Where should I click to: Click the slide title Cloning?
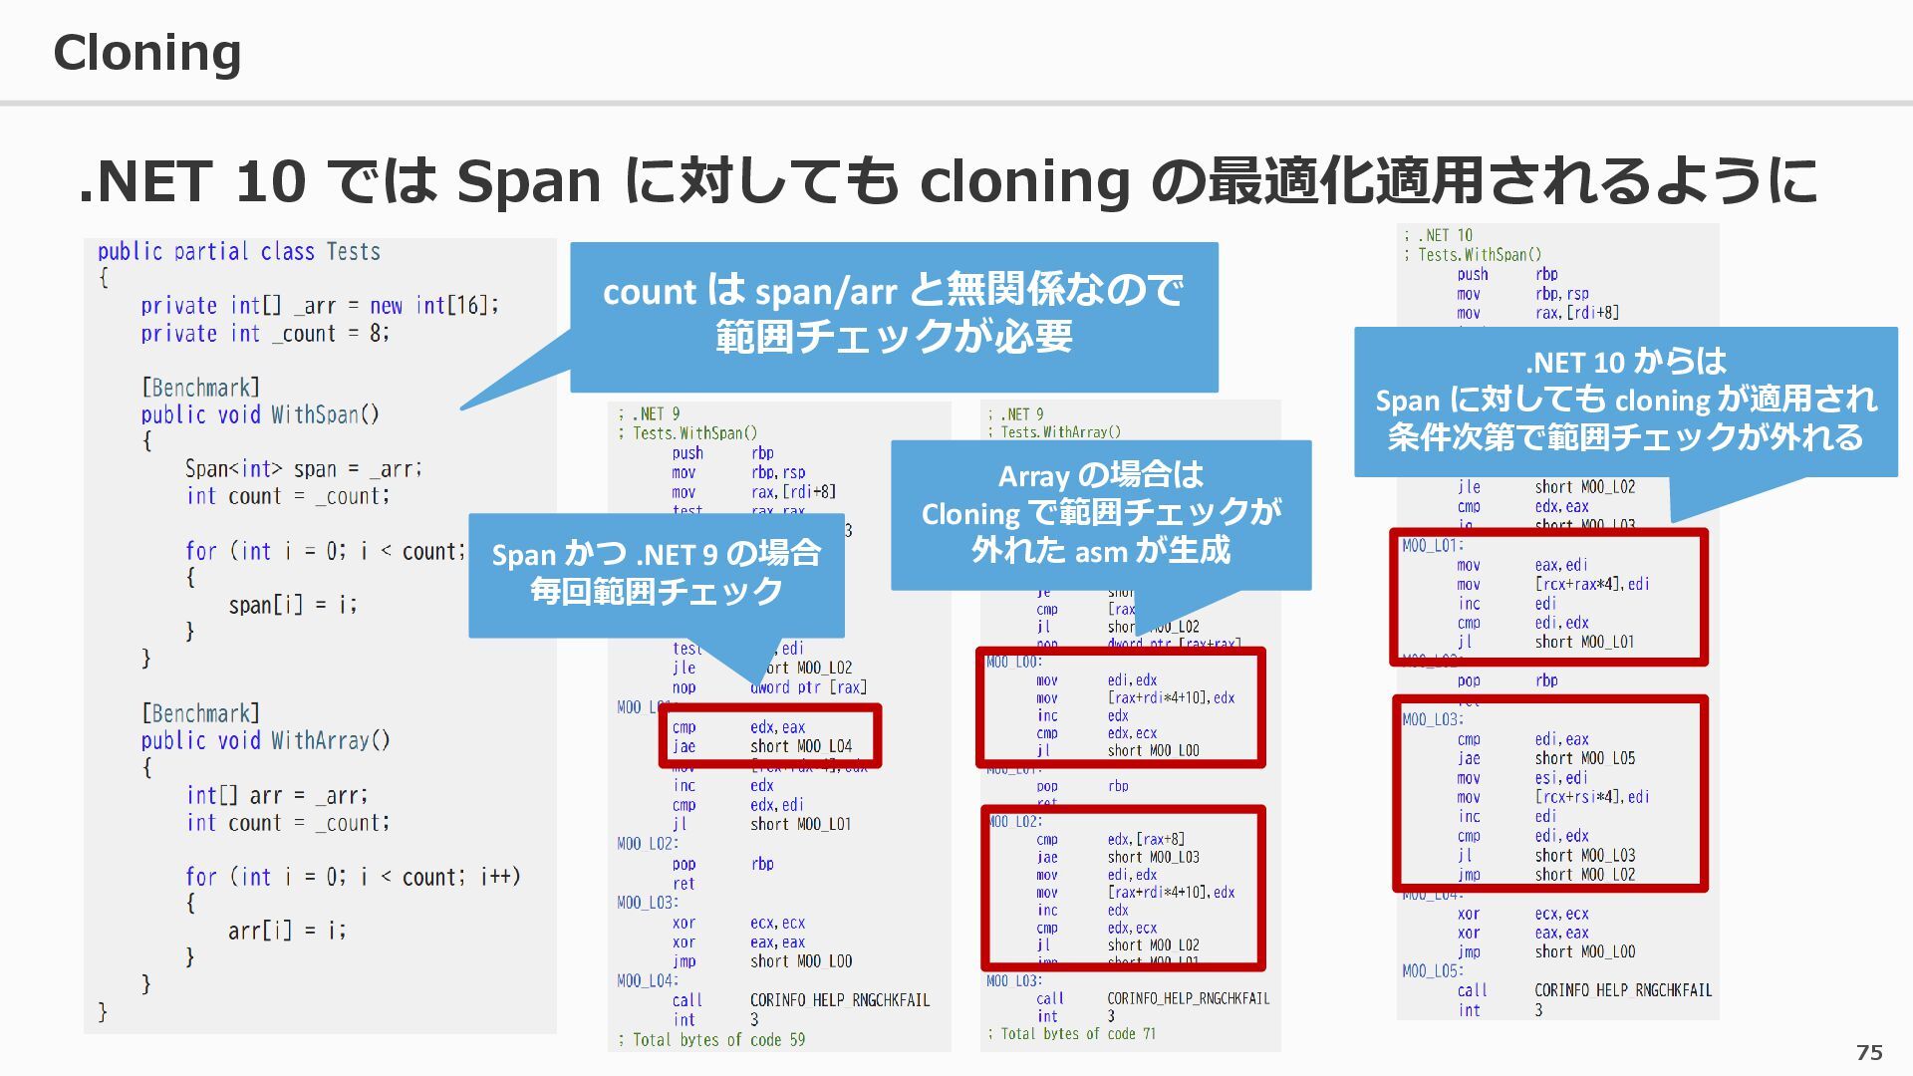(x=147, y=53)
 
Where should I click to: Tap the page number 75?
(x=1869, y=1052)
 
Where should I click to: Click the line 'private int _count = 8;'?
(x=265, y=334)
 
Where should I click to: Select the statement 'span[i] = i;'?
(x=292, y=605)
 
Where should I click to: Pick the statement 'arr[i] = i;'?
(x=287, y=931)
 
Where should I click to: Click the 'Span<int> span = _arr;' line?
(x=303, y=468)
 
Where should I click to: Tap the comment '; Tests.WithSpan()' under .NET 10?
(x=1480, y=255)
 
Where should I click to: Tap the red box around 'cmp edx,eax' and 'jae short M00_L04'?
(x=769, y=736)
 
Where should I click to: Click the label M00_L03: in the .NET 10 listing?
(x=1432, y=719)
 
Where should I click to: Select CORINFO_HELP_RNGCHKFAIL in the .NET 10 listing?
(x=1622, y=990)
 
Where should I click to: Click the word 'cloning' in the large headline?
(x=1024, y=181)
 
